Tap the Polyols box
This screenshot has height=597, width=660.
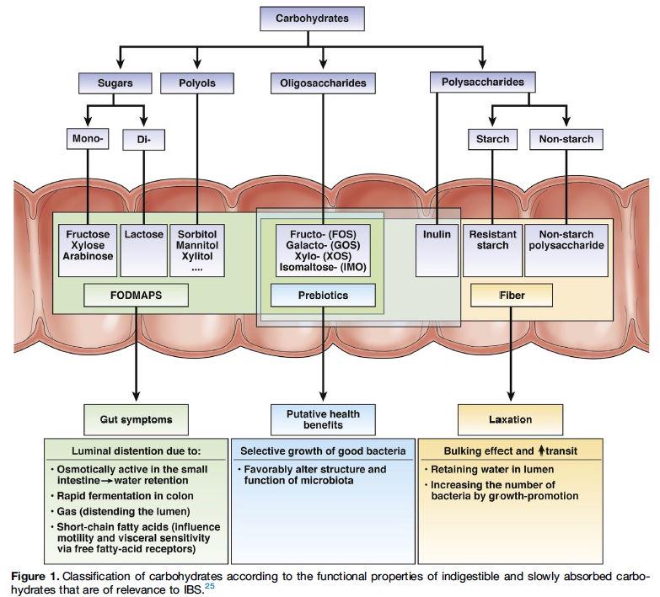coord(197,83)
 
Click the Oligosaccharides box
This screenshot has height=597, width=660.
coord(324,83)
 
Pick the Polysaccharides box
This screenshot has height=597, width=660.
coord(483,83)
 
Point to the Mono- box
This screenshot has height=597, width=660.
coord(89,139)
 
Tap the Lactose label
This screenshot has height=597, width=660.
coord(143,235)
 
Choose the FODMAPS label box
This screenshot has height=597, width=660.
coord(135,296)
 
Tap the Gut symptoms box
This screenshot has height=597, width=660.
coord(136,418)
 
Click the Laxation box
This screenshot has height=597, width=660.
coord(511,418)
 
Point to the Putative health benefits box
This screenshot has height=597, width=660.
coord(323,418)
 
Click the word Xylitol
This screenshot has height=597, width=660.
coord(196,256)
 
